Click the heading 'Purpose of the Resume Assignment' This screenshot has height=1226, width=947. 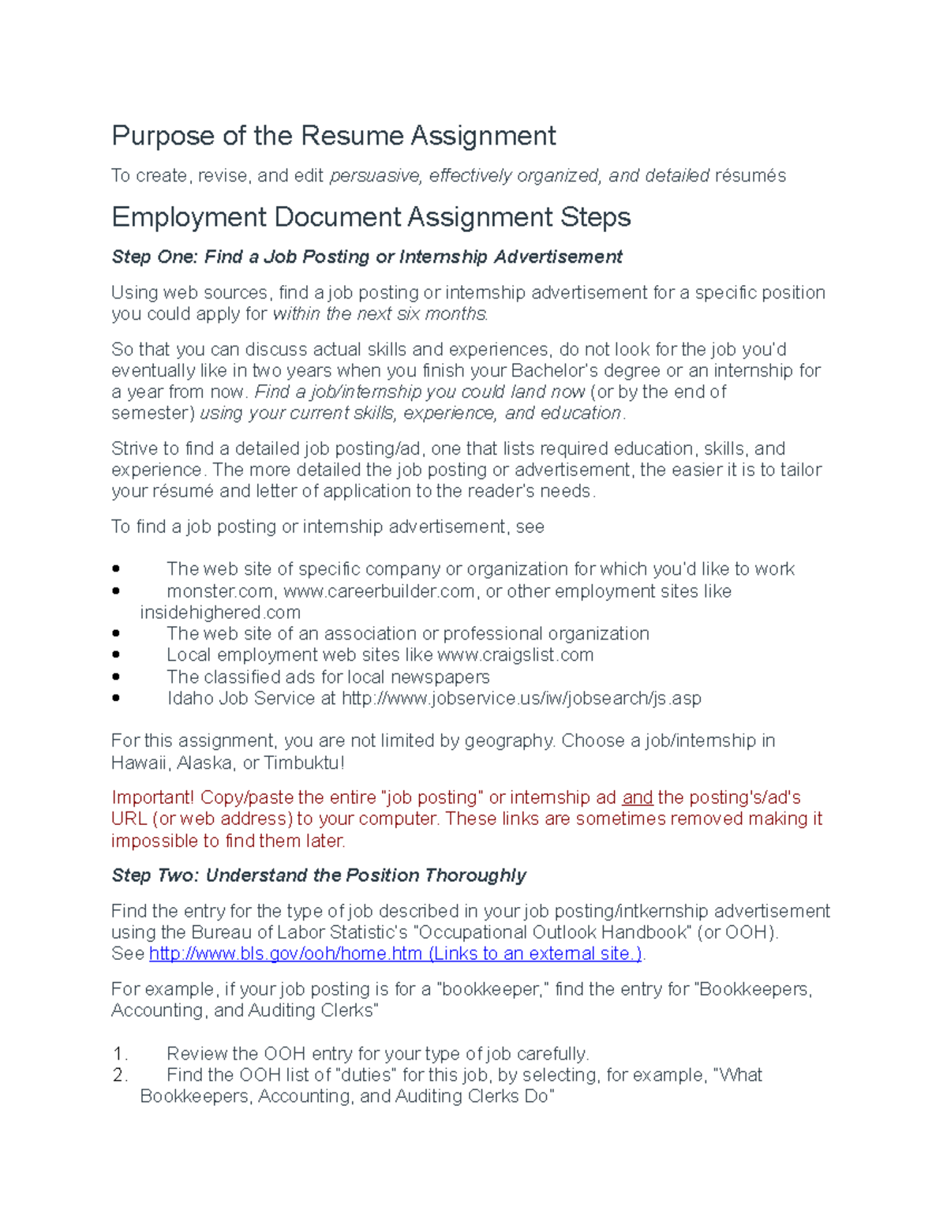click(333, 136)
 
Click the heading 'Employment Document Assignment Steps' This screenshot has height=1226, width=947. click(371, 217)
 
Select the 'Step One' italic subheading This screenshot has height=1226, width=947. click(366, 257)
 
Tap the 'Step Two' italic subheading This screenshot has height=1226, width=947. click(318, 875)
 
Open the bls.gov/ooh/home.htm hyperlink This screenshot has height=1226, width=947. click(395, 954)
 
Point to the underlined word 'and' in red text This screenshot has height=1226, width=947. click(637, 798)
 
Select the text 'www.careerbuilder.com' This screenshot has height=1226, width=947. click(379, 591)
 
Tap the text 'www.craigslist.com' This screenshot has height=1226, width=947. click(515, 655)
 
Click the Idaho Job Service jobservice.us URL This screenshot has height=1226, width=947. click(521, 699)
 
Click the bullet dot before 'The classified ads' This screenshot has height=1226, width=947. click(117, 677)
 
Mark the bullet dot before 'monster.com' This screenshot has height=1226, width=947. click(117, 591)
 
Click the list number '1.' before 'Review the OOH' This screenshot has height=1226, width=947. click(120, 1054)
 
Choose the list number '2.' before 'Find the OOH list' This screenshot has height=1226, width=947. click(120, 1075)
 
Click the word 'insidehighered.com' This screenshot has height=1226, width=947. click(220, 613)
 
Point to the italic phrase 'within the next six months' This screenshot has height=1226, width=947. click(380, 314)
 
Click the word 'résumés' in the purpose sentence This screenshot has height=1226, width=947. click(750, 176)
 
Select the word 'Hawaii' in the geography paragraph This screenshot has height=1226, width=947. click(139, 763)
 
